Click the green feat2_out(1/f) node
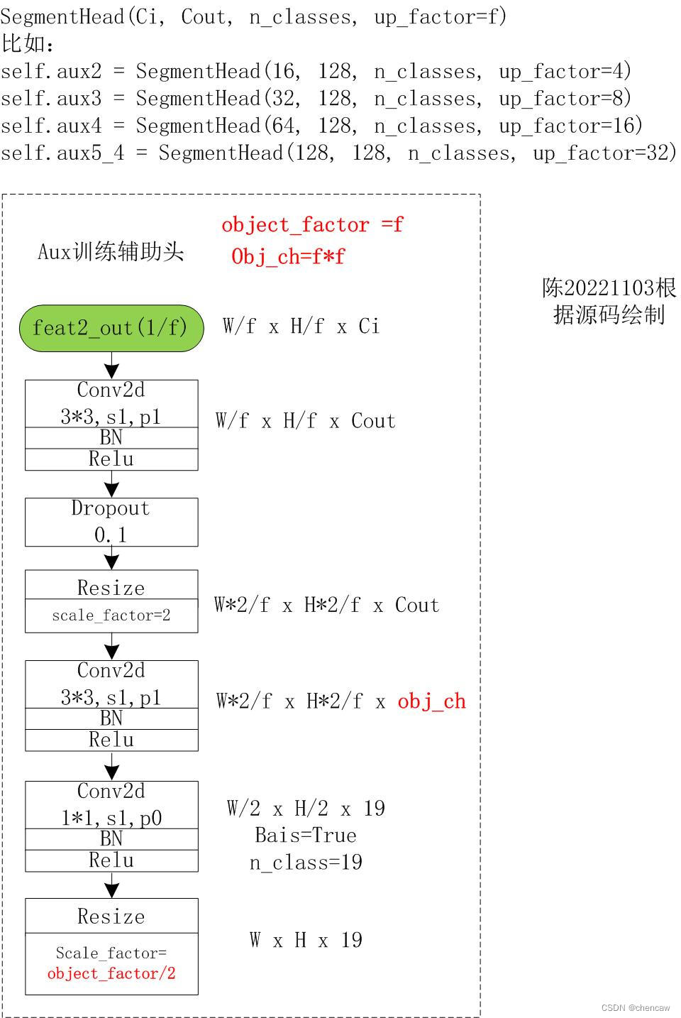[111, 328]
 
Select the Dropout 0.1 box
[111, 522]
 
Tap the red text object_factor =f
[312, 225]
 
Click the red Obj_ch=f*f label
[288, 256]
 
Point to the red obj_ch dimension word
[431, 701]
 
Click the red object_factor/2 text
[111, 973]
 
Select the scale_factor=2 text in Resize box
[111, 615]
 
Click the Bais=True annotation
[306, 835]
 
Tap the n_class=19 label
[306, 863]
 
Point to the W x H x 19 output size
[306, 941]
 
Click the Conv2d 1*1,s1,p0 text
[111, 805]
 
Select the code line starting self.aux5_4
[338, 153]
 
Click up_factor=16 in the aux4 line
[570, 126]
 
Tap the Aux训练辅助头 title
[111, 251]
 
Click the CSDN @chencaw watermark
[635, 1007]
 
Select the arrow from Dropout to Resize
[111, 558]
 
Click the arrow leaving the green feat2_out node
[111, 366]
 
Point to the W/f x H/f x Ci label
[301, 327]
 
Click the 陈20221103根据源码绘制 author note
[609, 301]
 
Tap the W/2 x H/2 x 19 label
[306, 809]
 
